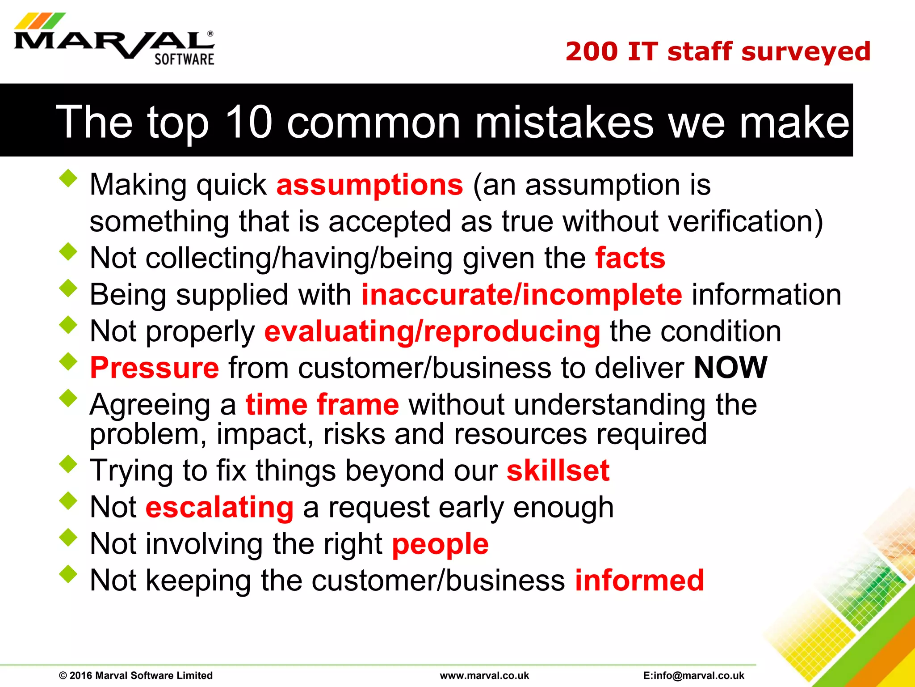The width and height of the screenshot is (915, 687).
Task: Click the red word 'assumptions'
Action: point(369,185)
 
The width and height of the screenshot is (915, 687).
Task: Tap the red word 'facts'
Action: point(630,258)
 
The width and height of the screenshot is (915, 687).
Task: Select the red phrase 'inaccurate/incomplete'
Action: point(521,295)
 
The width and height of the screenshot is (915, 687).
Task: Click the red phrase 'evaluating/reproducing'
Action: point(432,331)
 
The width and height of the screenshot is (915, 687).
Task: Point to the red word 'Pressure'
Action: point(155,368)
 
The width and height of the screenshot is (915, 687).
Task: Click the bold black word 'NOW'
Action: point(730,368)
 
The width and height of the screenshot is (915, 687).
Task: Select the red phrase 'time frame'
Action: point(322,404)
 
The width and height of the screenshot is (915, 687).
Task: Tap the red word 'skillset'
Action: point(558,471)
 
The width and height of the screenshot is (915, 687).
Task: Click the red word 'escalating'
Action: point(219,507)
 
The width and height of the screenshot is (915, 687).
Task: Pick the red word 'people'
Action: point(440,544)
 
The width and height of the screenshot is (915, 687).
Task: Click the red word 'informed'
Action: point(639,581)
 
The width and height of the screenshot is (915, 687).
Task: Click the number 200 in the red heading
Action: point(592,51)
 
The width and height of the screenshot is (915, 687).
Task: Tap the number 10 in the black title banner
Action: point(248,122)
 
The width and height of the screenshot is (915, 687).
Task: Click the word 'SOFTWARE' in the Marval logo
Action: point(184,59)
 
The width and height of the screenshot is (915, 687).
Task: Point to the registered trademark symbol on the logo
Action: point(210,34)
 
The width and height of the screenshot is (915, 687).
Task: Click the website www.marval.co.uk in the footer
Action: point(484,675)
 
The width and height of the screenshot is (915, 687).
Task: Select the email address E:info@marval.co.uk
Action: point(693,675)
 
